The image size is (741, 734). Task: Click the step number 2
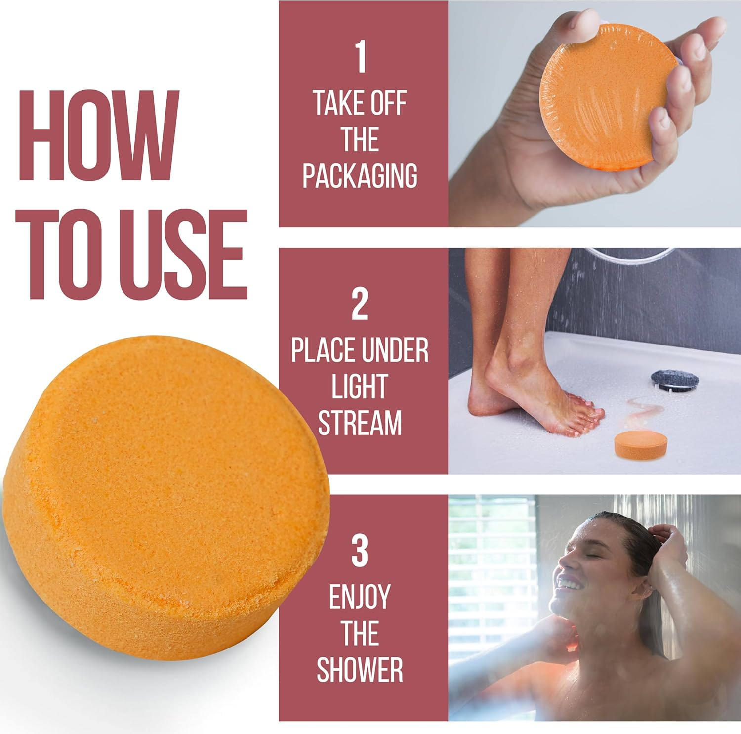pos(360,304)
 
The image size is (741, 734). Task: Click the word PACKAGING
pos(360,175)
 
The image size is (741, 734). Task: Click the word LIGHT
pos(359,387)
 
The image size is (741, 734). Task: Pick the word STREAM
pos(360,423)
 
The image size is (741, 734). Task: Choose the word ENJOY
pos(360,597)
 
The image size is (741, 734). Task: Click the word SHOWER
pos(360,670)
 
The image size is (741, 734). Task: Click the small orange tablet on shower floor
pos(640,443)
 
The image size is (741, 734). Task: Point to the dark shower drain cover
pos(674,380)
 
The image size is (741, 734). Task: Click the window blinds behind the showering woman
pos(489,568)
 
